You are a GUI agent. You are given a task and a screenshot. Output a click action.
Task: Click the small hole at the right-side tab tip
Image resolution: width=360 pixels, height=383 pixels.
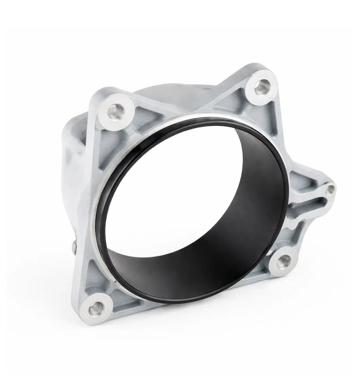click(x=329, y=190)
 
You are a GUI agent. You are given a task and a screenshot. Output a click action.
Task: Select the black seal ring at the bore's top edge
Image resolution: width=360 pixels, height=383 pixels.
click(x=190, y=123)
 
